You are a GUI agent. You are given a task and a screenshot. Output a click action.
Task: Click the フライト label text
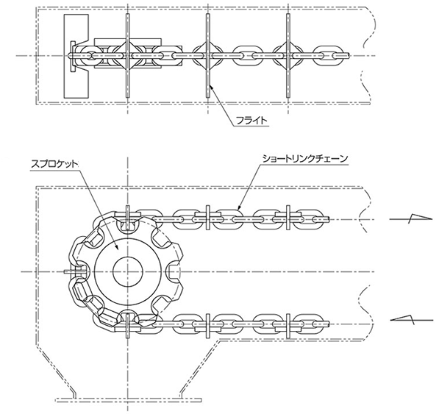252,121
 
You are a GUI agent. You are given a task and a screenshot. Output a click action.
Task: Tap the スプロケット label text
54,164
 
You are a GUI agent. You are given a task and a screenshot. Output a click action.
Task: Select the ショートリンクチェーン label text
305,159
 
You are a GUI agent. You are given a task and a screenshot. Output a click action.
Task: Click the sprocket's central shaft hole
128,271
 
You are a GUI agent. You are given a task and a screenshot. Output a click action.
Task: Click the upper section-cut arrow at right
411,218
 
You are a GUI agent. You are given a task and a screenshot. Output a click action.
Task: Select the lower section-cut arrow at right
411,319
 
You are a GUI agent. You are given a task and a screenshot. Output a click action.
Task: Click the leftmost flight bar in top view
128,55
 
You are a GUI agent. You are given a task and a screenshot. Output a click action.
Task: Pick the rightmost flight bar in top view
288,55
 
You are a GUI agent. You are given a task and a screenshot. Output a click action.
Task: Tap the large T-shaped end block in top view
76,56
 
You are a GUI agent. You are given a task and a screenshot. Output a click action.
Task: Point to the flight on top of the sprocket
128,218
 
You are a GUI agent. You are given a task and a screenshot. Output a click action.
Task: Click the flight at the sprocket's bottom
128,325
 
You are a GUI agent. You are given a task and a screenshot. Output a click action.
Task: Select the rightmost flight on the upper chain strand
288,218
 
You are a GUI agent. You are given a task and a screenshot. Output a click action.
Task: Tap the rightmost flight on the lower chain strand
288,325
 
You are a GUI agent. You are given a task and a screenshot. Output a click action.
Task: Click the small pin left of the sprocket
74,271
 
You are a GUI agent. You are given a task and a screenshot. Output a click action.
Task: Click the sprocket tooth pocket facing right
175,271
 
